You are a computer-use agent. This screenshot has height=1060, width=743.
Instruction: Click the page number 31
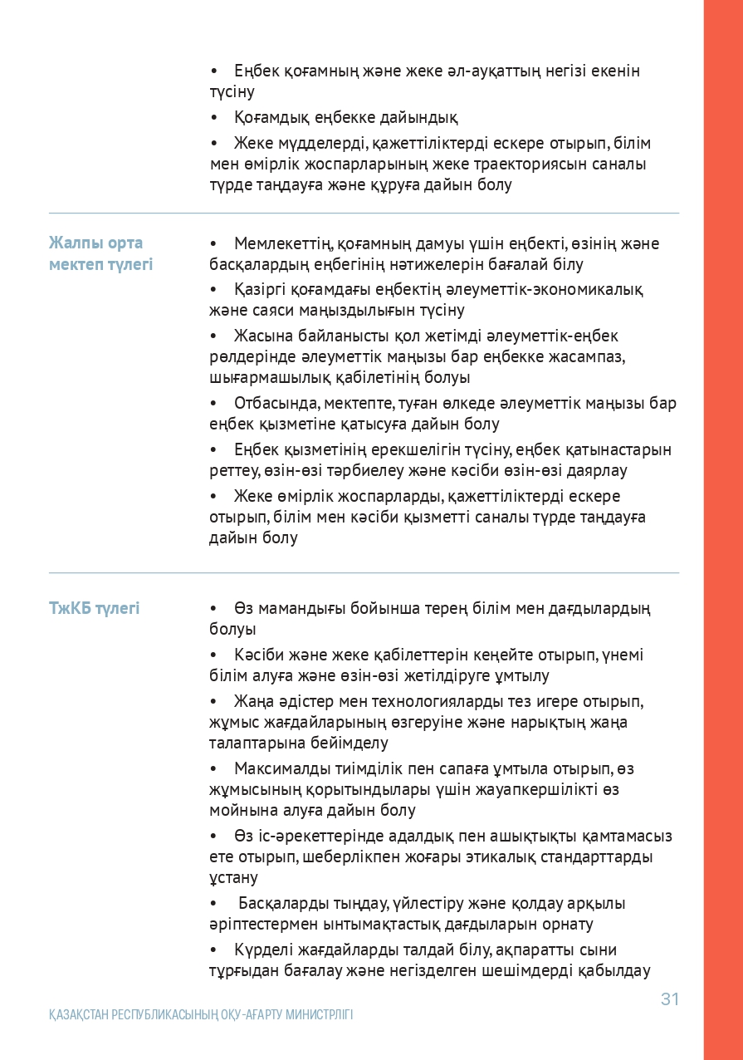669,999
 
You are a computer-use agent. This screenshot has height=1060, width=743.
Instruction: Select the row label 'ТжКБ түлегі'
94,609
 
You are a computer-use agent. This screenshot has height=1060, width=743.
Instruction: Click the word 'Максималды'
280,769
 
